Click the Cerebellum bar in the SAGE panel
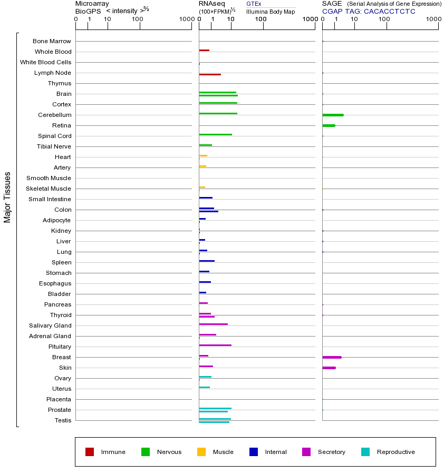(333, 115)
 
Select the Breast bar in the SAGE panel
(332, 357)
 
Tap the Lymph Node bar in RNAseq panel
(210, 74)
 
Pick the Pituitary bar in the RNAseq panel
(215, 345)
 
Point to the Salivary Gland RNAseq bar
(213, 324)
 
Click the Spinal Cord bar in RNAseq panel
(215, 134)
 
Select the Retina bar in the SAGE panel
(329, 125)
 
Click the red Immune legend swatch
(90, 452)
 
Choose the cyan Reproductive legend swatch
(365, 452)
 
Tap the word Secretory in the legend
(331, 452)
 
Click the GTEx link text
(254, 4)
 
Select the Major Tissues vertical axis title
(7, 197)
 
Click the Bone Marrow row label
(52, 41)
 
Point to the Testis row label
(63, 420)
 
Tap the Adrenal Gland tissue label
(51, 336)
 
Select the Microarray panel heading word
(92, 4)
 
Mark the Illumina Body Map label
(271, 11)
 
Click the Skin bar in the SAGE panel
(329, 368)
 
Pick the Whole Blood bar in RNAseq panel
(204, 50)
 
